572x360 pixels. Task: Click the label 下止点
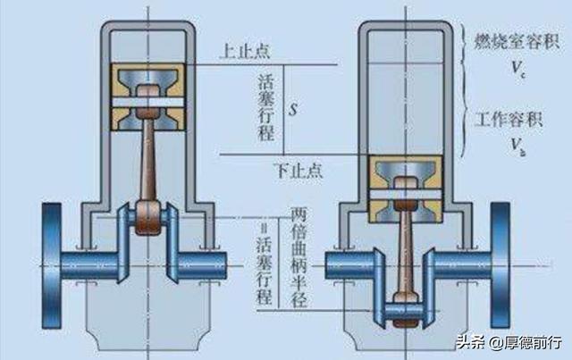click(x=299, y=167)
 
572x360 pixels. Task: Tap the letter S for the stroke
click(x=291, y=111)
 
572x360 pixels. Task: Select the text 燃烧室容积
click(x=516, y=39)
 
